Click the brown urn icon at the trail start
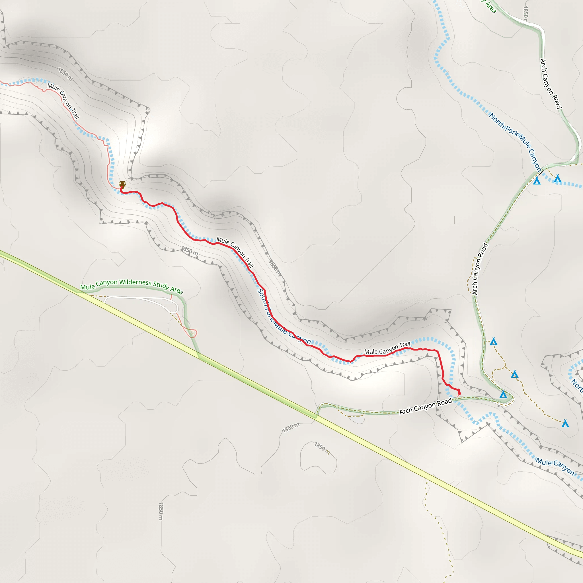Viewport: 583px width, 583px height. [x=122, y=185]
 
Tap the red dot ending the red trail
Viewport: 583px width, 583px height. [x=459, y=393]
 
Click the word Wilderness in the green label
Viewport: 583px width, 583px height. [x=135, y=282]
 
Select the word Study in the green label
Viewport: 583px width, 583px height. [x=161, y=285]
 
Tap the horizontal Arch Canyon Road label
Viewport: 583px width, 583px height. [x=426, y=406]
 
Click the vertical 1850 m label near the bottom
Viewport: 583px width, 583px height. [x=161, y=511]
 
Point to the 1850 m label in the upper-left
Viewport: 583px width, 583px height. [x=65, y=74]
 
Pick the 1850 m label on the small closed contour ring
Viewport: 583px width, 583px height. [x=322, y=448]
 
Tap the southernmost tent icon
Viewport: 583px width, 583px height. [x=565, y=424]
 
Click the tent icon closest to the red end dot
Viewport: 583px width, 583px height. [x=503, y=394]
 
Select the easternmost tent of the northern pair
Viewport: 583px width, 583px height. [x=557, y=179]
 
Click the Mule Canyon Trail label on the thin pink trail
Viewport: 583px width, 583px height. [x=63, y=101]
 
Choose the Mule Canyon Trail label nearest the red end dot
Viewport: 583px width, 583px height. [x=387, y=349]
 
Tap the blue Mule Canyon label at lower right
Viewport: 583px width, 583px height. [x=555, y=466]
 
